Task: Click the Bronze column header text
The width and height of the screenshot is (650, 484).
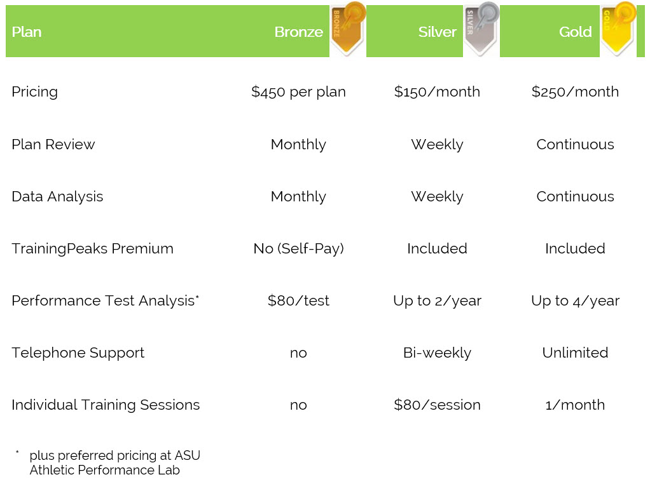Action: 298,32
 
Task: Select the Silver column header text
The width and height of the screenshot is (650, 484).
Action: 438,32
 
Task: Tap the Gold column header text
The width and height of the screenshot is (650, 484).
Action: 576,32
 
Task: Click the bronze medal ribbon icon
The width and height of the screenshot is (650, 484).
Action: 348,29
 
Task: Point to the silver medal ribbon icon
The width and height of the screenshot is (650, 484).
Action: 481,29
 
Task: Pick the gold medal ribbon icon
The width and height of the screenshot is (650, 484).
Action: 618,29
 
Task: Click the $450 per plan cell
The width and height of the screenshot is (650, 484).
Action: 298,92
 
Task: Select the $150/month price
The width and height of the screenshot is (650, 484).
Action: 438,91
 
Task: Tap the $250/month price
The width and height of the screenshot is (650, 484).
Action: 576,91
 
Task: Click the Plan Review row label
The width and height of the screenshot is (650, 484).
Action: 53,144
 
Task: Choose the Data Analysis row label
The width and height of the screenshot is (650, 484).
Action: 57,197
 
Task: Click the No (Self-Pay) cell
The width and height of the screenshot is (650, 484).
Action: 298,248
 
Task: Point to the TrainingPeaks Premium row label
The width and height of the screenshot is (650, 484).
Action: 92,248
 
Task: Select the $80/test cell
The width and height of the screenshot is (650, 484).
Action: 298,300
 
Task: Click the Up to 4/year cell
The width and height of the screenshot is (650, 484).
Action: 576,301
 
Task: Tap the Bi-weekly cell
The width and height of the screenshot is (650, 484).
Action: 438,353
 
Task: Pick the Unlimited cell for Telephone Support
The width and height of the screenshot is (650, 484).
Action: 576,353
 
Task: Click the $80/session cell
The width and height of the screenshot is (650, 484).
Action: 438,405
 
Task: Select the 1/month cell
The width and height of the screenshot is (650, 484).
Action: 576,405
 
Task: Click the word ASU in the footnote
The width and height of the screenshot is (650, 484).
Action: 188,455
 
